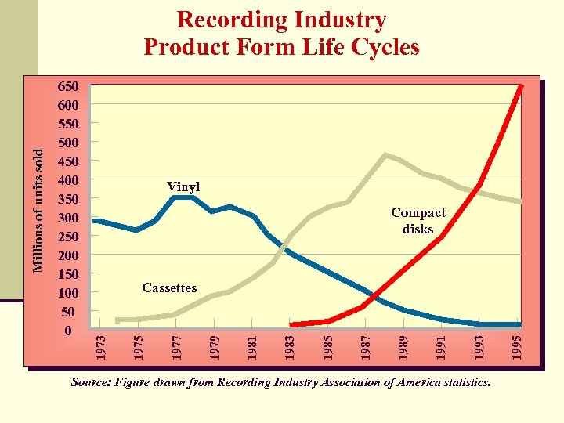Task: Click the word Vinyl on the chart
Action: pos(183,187)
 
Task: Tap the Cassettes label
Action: pos(169,288)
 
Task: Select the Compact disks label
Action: pos(418,221)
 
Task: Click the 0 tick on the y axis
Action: pos(67,331)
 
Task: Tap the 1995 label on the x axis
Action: pos(518,347)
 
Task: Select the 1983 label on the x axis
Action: pos(290,347)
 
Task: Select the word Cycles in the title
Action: pos(387,47)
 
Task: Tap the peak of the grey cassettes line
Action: pos(384,155)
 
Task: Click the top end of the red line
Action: pos(520,86)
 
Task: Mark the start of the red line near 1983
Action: pos(292,324)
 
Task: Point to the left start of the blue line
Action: pos(95,221)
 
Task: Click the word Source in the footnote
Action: pos(90,383)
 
